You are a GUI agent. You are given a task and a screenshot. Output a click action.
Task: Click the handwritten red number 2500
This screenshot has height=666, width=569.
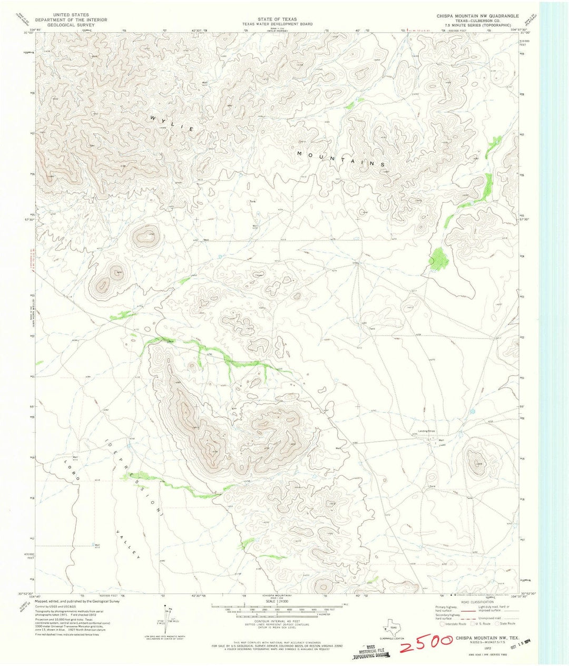tap(424, 642)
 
